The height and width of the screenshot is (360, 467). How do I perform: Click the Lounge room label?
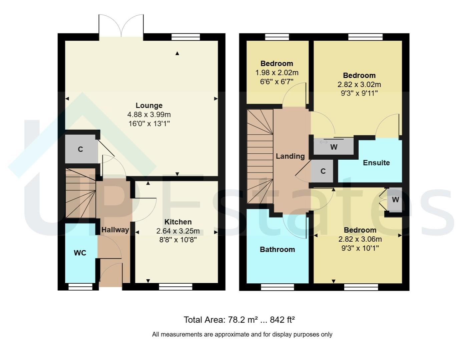pyautogui.click(x=149, y=105)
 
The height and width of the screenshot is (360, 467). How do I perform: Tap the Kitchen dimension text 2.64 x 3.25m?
pyautogui.click(x=178, y=231)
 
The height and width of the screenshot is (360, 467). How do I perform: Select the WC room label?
pyautogui.click(x=80, y=253)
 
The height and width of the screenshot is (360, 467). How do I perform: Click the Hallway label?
pyautogui.click(x=115, y=230)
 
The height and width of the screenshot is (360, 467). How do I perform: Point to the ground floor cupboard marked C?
pyautogui.click(x=80, y=149)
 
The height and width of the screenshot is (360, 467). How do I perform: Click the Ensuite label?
pyautogui.click(x=376, y=163)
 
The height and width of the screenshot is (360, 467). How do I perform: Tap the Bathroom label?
pyautogui.click(x=277, y=249)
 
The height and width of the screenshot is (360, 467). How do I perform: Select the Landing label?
pyautogui.click(x=290, y=156)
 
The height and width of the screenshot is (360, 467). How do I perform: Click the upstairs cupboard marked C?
pyautogui.click(x=323, y=171)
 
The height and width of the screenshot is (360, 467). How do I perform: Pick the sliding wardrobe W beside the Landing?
pyautogui.click(x=334, y=147)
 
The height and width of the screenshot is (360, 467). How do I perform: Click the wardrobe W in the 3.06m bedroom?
pyautogui.click(x=395, y=200)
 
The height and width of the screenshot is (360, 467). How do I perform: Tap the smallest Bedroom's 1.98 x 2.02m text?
pyautogui.click(x=277, y=72)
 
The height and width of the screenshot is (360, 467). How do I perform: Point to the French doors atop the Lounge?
pyautogui.click(x=121, y=26)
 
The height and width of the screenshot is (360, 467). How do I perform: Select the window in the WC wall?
pyautogui.click(x=80, y=287)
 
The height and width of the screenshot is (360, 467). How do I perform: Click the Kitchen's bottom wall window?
pyautogui.click(x=175, y=287)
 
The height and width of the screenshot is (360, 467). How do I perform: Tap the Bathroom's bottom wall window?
pyautogui.click(x=277, y=287)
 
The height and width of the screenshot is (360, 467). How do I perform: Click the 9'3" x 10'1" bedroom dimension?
pyautogui.click(x=359, y=248)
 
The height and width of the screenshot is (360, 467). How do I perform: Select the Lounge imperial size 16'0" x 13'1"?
pyautogui.click(x=149, y=124)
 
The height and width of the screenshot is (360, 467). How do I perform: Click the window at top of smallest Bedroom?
pyautogui.click(x=277, y=37)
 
